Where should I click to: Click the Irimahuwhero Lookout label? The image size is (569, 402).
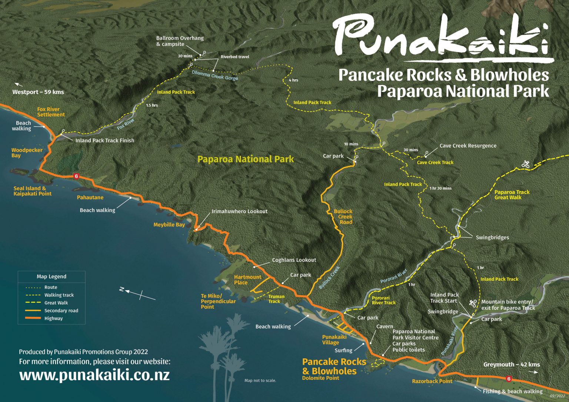click(239, 211)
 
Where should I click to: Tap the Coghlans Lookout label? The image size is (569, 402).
click(294, 260)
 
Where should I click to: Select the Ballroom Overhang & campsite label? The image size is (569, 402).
click(180, 41)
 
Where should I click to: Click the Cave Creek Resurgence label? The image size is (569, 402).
click(467, 146)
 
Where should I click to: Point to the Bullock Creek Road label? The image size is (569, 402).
click(343, 217)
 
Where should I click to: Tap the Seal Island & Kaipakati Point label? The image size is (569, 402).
click(32, 191)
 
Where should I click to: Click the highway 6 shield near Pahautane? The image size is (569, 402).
click(76, 176)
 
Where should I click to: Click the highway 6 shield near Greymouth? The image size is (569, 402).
click(509, 379)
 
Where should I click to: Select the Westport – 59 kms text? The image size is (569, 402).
click(38, 92)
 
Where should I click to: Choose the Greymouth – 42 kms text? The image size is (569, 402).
click(511, 365)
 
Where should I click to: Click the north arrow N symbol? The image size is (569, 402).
click(122, 289)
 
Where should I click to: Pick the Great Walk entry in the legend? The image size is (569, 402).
click(56, 303)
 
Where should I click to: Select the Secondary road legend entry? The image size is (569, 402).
click(61, 311)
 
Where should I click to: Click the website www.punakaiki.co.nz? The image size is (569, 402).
click(94, 375)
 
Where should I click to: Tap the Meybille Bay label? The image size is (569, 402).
click(169, 225)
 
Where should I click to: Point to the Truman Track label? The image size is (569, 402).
click(276, 299)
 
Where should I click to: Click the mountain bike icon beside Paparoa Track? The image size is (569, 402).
click(525, 164)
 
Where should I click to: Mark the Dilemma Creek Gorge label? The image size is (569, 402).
click(215, 75)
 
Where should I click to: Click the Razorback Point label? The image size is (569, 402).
click(432, 381)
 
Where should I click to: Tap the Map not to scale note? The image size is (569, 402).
click(260, 381)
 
